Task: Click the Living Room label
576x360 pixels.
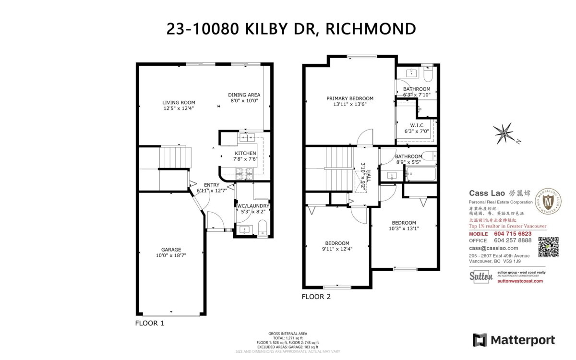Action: (179, 102)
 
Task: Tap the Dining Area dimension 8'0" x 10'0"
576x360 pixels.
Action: (243, 101)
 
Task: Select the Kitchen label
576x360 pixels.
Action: (245, 153)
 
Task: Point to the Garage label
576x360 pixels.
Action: (171, 250)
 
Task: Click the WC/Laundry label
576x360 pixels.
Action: (253, 206)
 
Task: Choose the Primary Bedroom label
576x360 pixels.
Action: (349, 98)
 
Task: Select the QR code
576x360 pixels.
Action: (548, 247)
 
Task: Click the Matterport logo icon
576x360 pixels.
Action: (480, 340)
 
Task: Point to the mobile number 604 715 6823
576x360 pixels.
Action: (513, 233)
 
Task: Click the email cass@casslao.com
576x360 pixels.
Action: (493, 248)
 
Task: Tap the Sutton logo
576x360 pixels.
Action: (480, 276)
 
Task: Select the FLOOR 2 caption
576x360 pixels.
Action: (316, 297)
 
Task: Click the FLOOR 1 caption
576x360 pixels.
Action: (149, 323)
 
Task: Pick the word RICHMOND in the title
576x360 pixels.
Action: (371, 29)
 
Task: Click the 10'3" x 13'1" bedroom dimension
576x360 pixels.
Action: (404, 228)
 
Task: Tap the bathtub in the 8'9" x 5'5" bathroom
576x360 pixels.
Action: (421, 174)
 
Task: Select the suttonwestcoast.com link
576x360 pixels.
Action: (520, 281)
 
